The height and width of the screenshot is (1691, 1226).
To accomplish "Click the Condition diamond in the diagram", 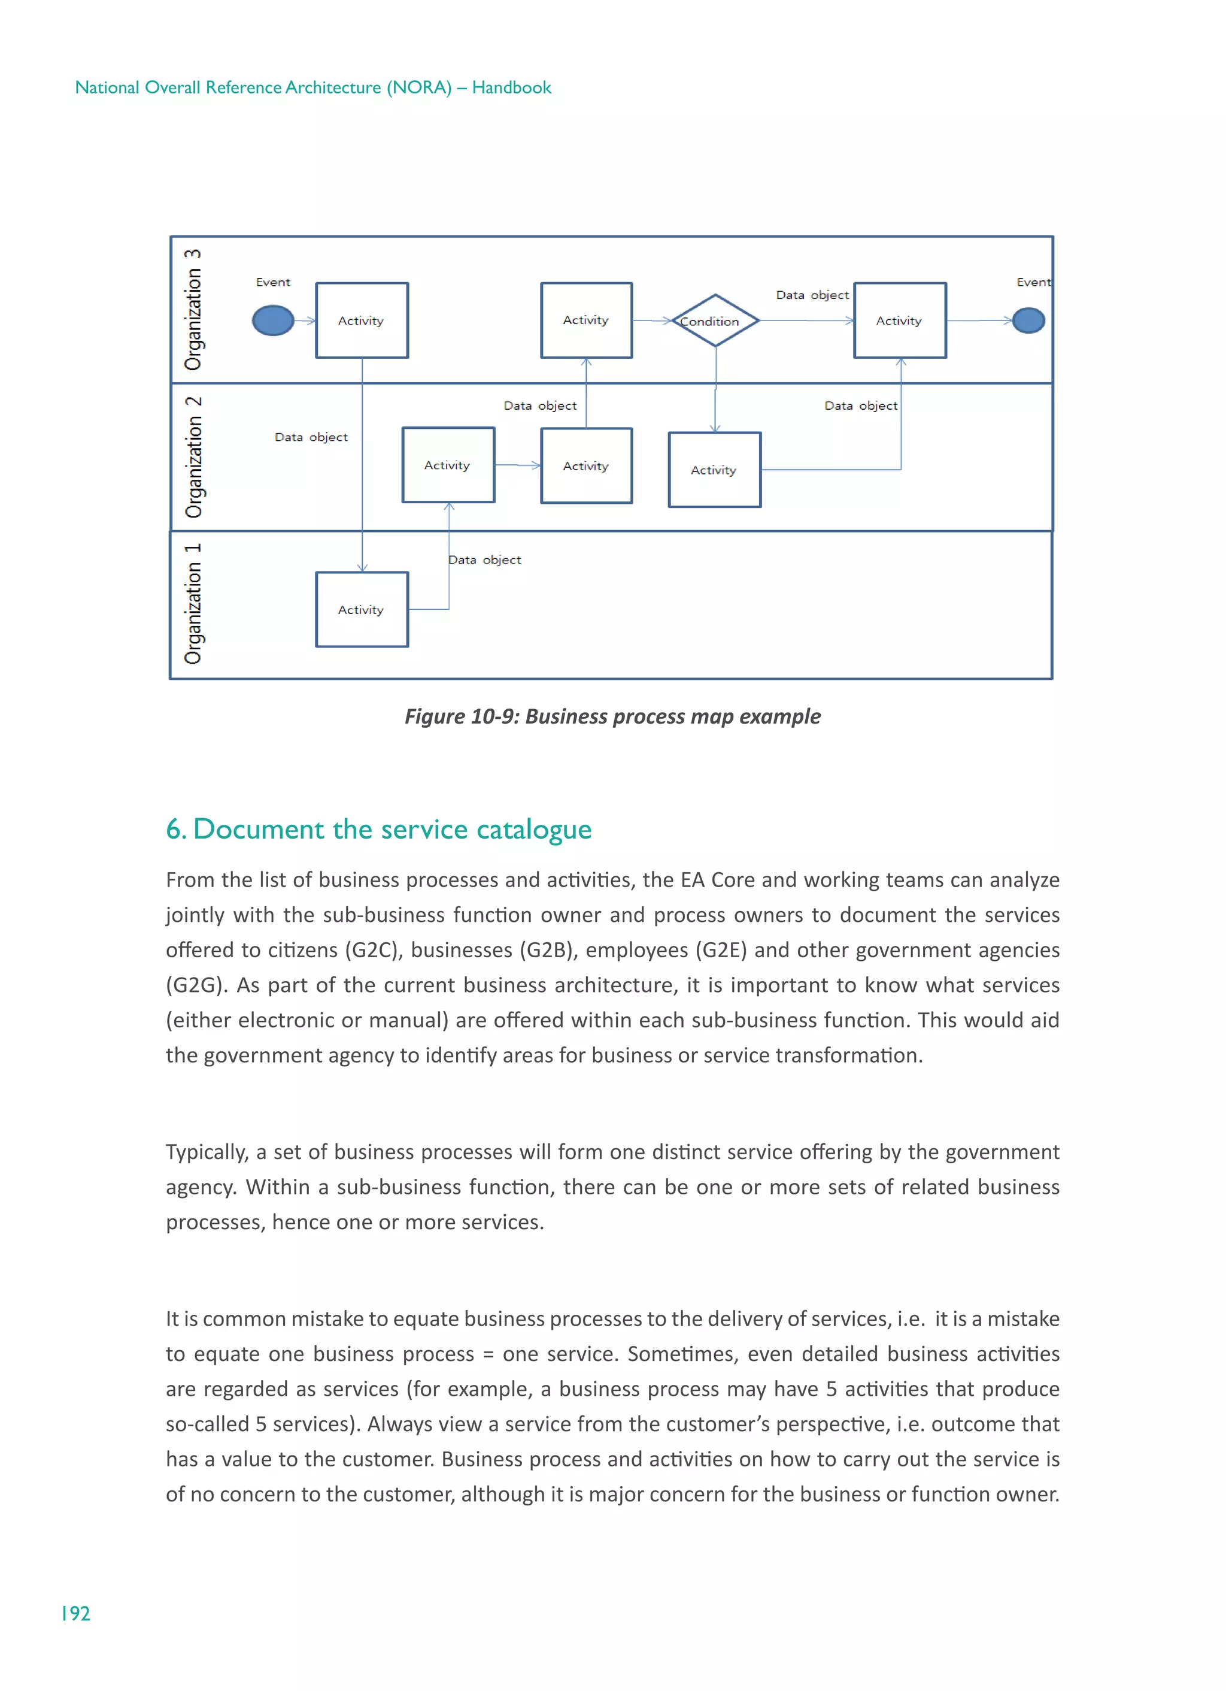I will (715, 320).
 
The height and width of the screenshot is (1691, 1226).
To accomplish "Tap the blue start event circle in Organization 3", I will (273, 320).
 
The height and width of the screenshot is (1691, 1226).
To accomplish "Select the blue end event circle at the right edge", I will (1028, 320).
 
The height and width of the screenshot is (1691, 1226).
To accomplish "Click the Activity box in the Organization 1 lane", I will (362, 609).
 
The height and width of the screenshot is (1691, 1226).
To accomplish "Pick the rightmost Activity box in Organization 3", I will (900, 320).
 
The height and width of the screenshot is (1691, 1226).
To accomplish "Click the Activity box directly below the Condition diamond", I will (714, 470).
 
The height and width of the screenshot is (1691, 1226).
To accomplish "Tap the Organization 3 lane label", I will (193, 310).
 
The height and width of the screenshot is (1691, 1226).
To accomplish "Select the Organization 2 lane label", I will (193, 457).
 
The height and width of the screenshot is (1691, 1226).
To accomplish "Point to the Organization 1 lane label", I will (193, 604).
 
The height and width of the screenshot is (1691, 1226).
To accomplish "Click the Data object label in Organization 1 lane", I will (484, 559).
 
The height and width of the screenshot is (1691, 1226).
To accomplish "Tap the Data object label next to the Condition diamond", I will (812, 295).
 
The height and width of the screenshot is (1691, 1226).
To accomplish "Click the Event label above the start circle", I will (273, 282).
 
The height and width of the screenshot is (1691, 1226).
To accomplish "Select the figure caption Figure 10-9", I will (612, 716).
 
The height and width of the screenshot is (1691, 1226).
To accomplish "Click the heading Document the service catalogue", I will (378, 829).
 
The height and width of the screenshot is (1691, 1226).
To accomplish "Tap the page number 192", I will (75, 1614).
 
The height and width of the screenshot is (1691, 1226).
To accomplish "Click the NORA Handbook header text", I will (313, 87).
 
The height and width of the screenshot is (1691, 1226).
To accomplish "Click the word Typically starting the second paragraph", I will (207, 1152).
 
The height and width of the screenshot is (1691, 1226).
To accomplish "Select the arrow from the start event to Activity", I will (305, 320).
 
